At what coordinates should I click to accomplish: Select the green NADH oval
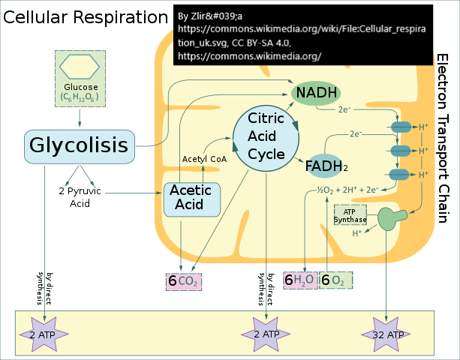[x=315, y=92]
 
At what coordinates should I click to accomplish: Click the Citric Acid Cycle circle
[x=266, y=136]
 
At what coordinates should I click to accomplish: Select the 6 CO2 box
[x=184, y=281]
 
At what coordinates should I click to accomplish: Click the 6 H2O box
[x=299, y=280]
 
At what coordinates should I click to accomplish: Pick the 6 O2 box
[x=335, y=280]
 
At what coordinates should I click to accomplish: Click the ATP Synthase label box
[x=350, y=215]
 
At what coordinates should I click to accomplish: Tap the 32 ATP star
[x=388, y=333]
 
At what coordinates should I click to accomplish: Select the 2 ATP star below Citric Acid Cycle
[x=266, y=333]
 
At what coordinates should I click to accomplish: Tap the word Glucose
[x=80, y=87]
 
